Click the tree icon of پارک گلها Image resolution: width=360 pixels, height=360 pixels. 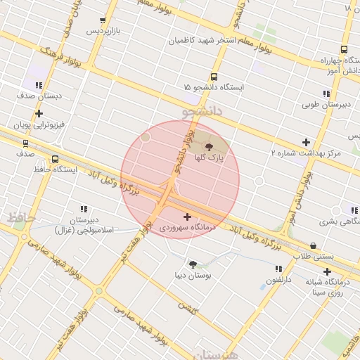point(208,146)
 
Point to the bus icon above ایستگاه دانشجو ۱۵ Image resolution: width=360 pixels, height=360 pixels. point(214,77)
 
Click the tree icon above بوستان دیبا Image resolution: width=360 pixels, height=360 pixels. point(193,264)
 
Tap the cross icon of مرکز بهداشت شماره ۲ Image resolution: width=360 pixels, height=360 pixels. point(306,142)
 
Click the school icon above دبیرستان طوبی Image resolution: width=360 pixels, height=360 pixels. point(326,94)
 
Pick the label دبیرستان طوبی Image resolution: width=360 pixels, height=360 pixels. point(326,105)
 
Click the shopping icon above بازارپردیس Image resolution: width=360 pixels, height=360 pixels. point(103,20)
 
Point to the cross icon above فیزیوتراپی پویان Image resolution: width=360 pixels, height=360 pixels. point(39,112)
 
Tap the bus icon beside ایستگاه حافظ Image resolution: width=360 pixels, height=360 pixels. point(56,159)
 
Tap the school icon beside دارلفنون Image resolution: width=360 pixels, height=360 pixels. point(278,269)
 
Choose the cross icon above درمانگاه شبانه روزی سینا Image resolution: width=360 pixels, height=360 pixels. point(327,271)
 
